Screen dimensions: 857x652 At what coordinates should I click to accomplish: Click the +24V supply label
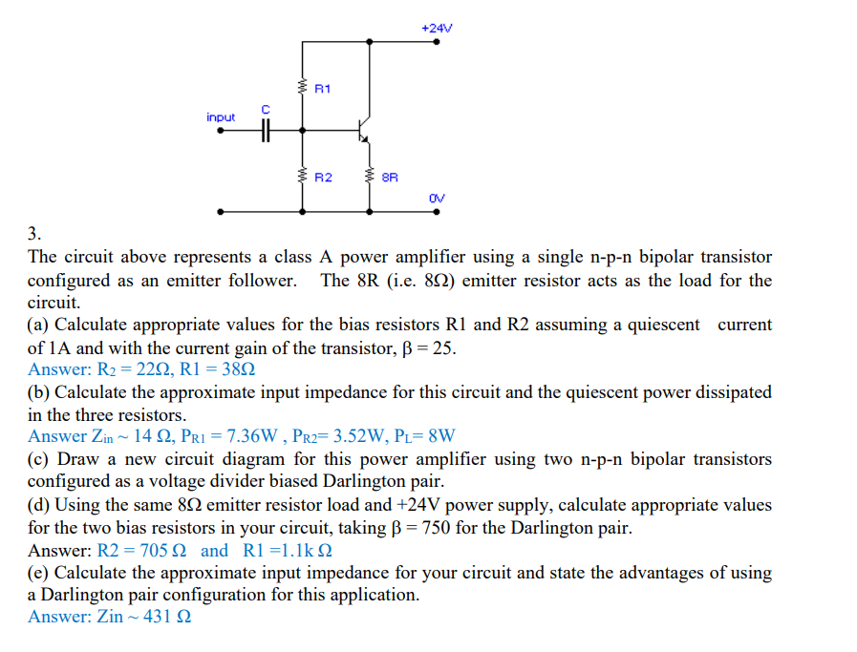436,28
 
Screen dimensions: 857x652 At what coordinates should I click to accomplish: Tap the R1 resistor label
322,89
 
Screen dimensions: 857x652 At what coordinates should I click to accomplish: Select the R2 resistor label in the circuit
323,177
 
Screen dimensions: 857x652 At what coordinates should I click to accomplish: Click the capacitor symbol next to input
266,131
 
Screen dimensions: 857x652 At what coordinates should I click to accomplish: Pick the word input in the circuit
221,117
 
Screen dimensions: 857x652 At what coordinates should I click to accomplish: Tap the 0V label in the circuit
437,198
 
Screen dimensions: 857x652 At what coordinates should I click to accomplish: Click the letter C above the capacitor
267,111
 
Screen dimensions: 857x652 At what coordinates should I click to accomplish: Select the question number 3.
34,234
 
